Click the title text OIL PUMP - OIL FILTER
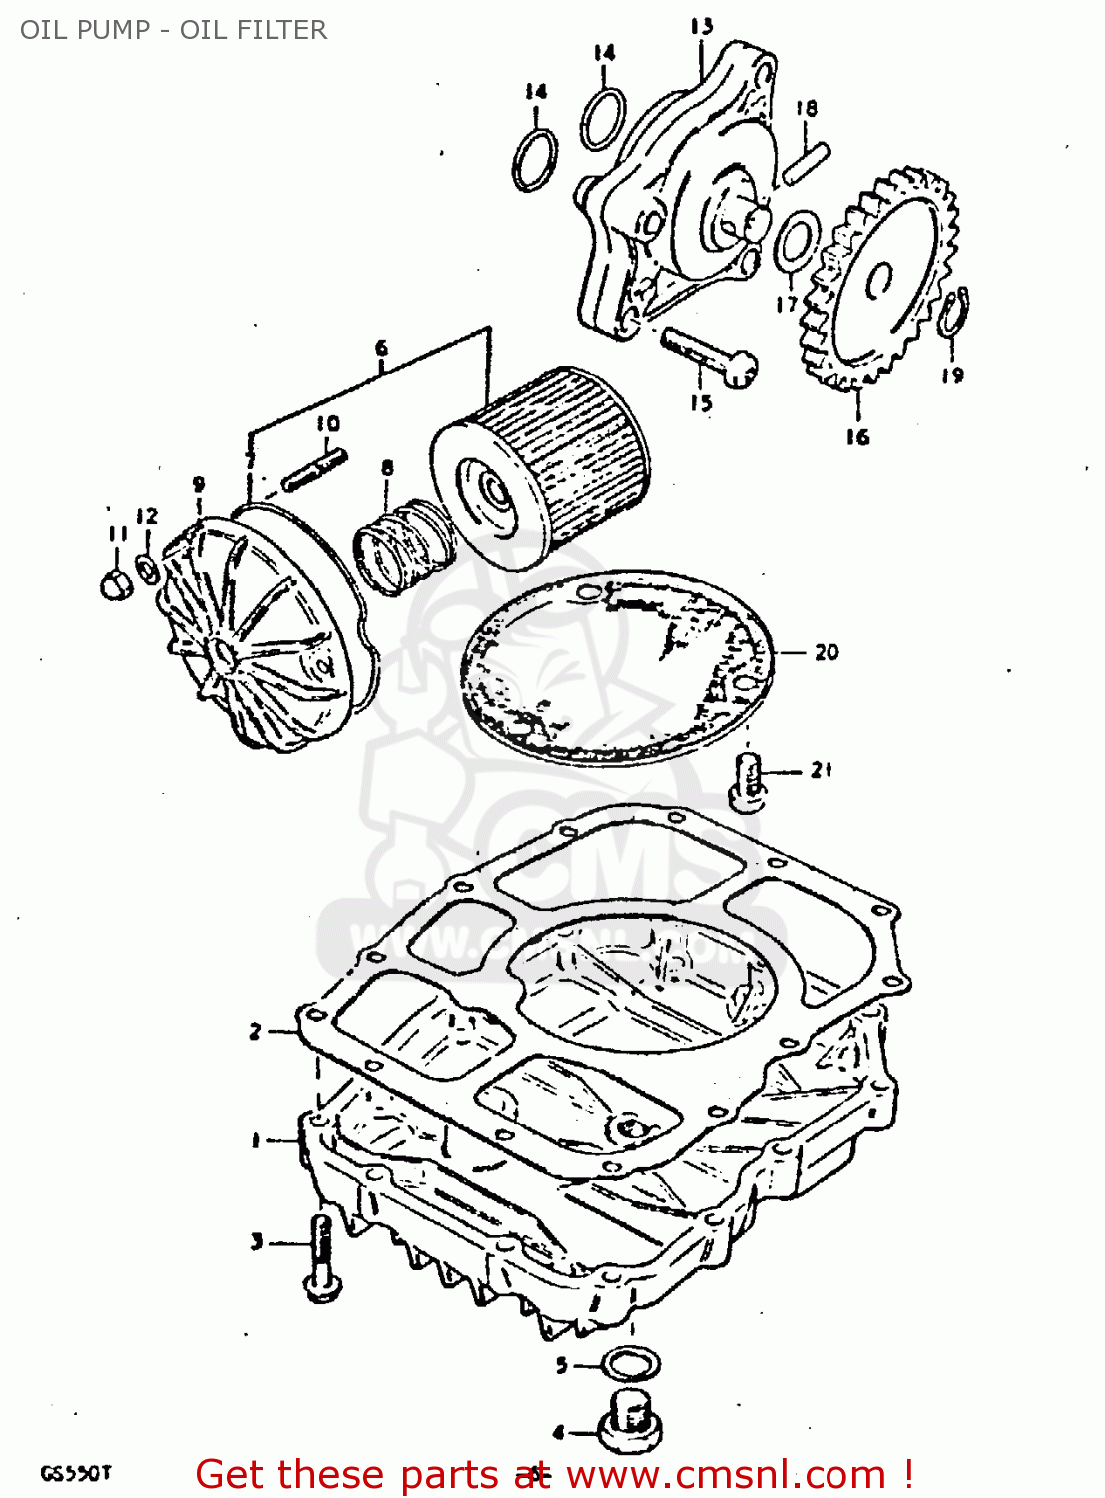174,30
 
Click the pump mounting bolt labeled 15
709,356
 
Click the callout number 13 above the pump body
702,26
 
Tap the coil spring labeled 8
405,547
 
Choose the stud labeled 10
314,469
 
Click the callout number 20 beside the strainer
827,652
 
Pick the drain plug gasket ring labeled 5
631,1362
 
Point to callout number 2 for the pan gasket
256,1031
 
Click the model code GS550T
76,1473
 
